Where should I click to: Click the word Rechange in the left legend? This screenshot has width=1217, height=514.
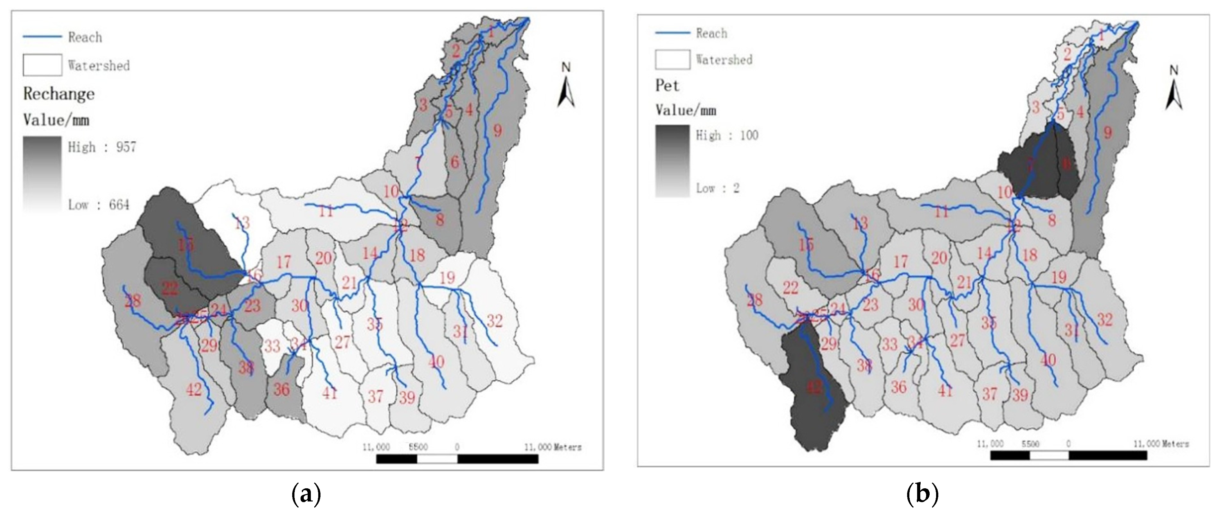(59, 94)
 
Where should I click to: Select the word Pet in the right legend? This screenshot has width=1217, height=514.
(667, 85)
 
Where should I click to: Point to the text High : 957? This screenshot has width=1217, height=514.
(102, 147)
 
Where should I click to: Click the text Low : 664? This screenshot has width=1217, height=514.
(99, 205)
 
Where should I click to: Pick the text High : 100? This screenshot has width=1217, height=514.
(726, 136)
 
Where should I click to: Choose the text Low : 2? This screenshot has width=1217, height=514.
(717, 188)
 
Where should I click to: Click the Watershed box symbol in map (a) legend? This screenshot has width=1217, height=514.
(42, 65)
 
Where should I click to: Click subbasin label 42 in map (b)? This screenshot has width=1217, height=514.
(814, 387)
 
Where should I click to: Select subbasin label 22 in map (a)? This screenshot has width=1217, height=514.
(170, 288)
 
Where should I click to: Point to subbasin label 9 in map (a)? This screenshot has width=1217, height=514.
(497, 130)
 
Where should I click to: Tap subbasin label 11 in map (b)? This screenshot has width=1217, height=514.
(941, 212)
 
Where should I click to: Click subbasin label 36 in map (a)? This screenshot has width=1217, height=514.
(282, 389)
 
